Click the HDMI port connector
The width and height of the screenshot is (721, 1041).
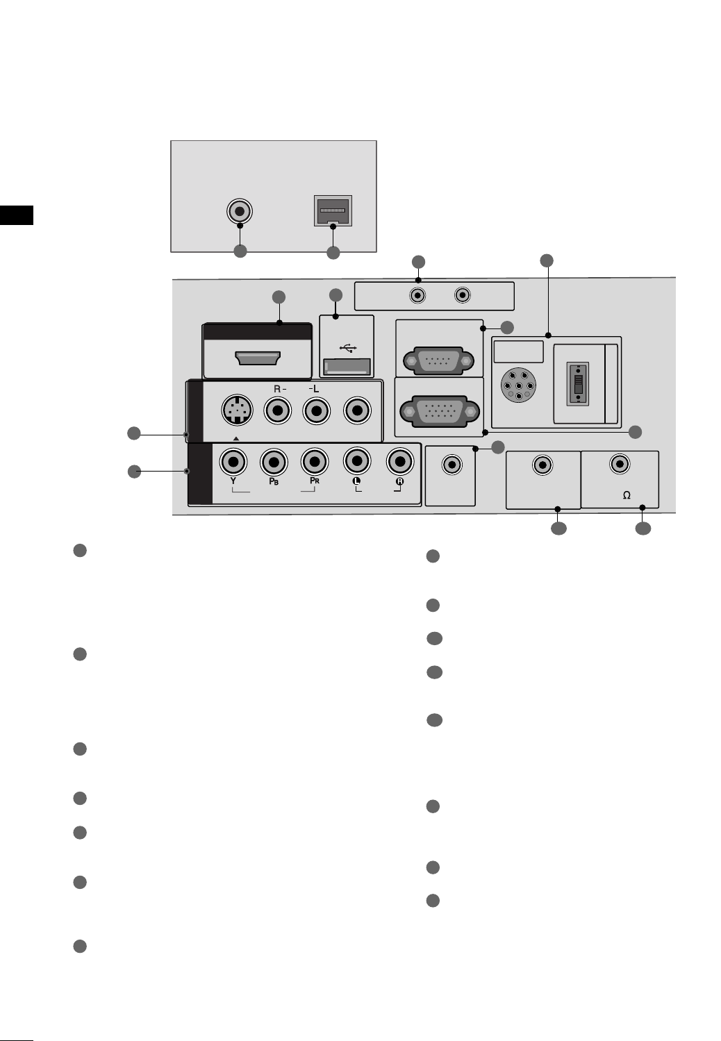pos(258,358)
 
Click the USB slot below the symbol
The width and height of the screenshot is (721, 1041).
pos(347,367)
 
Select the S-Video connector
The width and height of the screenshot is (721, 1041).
pos(237,411)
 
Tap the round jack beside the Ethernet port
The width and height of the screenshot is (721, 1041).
pos(240,210)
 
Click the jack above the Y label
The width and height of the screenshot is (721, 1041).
pos(233,461)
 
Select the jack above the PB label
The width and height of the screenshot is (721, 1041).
pos(274,461)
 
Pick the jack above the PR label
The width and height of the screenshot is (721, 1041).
pos(315,461)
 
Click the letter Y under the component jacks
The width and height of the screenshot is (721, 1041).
pos(233,481)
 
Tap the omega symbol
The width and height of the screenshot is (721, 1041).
pos(627,495)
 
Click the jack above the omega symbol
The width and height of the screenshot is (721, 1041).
pos(620,463)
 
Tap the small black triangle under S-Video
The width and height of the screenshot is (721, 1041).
pos(236,439)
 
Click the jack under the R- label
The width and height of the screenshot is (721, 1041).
pos(279,411)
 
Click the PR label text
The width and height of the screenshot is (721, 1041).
pos(314,481)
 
